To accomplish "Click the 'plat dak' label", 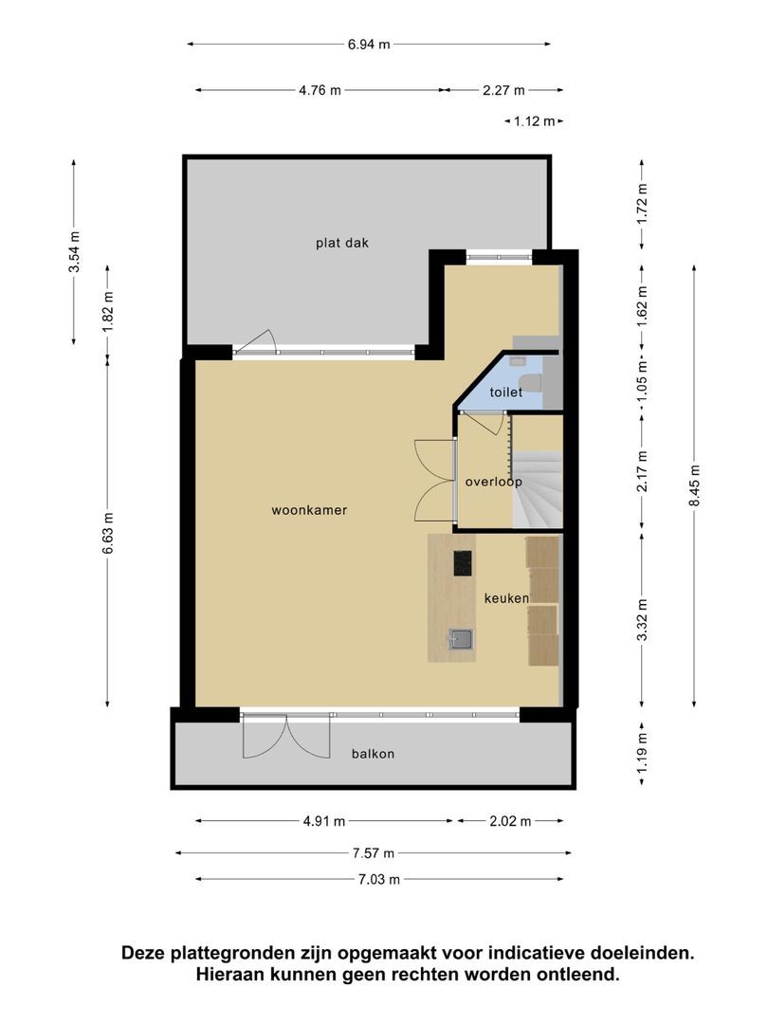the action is pos(342,243).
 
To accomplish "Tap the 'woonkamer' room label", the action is pos(309,510).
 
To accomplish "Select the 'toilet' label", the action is pos(506,392).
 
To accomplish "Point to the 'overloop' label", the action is pos(494,482).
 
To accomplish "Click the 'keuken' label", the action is pos(506,597).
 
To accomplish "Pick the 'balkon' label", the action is pos(373,754).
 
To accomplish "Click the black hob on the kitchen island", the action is pos(463,563).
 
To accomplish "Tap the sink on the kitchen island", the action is pos(462,640).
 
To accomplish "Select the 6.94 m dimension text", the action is pos(369,45).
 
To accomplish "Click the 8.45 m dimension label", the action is pos(694,485).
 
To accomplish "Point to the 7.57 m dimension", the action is pos(374,853).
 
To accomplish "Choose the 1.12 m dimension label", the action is pos(534,121).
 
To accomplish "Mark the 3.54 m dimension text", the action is pos(75,251).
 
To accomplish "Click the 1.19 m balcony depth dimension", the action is pos(643,754).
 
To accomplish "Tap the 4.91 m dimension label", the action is pos(324,821).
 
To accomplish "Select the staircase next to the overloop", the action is pos(538,489).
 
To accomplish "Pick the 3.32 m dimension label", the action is pos(643,620).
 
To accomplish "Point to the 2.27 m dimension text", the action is pos(503,90).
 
